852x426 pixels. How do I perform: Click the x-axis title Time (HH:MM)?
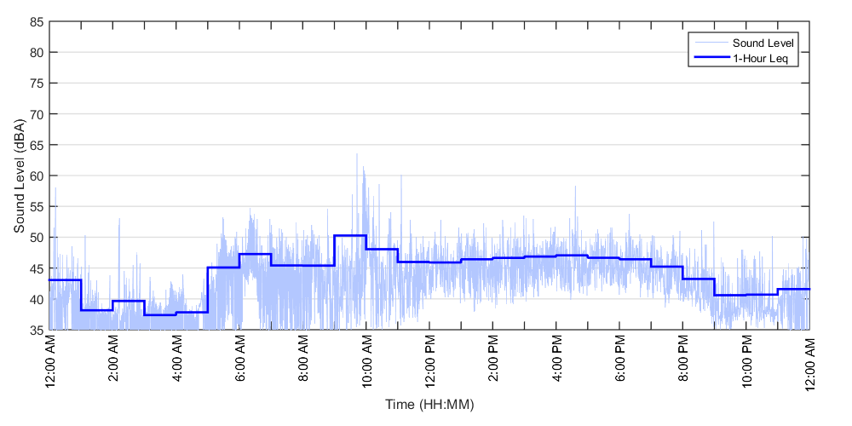click(429, 403)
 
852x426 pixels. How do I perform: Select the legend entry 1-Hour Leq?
click(760, 58)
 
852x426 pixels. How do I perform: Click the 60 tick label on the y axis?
click(36, 176)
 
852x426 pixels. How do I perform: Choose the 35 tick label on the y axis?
click(36, 330)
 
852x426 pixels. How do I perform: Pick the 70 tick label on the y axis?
click(36, 114)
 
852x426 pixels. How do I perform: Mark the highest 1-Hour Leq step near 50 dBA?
click(350, 235)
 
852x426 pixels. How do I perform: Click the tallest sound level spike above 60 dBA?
click(357, 155)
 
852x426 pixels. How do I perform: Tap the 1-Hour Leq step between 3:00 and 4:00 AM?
click(160, 315)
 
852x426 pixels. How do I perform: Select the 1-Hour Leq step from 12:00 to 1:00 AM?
click(65, 279)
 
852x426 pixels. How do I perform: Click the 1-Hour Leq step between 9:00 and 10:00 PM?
click(730, 295)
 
